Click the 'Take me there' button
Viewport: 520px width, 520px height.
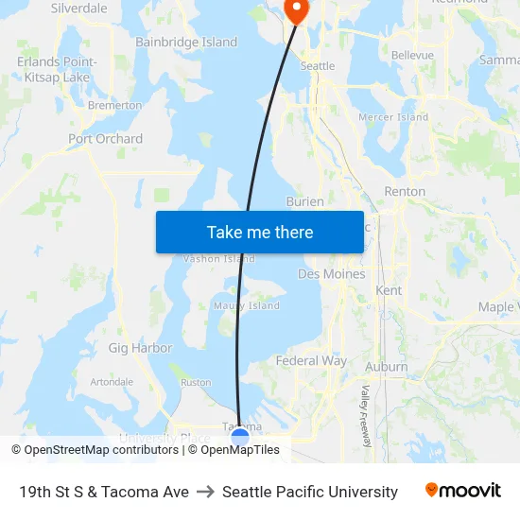coord(260,232)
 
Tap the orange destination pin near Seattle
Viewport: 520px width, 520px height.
coord(297,9)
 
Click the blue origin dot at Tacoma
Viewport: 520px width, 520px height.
coord(240,437)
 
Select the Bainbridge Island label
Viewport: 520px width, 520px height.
coord(186,43)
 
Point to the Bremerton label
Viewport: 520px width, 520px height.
coord(114,106)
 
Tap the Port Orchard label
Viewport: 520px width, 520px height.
coord(105,139)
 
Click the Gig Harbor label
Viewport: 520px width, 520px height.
coord(140,348)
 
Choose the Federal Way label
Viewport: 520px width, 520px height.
coord(311,361)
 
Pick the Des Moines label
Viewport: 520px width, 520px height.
coord(331,274)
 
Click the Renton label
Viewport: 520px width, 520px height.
coord(405,191)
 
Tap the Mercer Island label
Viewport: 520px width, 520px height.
coord(393,117)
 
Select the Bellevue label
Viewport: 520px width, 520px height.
coord(412,56)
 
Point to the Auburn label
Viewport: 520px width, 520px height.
coord(387,367)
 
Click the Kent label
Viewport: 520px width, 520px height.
coord(389,290)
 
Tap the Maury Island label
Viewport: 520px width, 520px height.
coord(247,306)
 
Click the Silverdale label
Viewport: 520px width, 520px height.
coord(78,8)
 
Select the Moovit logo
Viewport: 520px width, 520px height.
coord(462,491)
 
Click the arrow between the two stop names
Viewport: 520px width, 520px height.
coord(205,492)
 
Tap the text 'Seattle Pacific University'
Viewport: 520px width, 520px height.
coord(310,492)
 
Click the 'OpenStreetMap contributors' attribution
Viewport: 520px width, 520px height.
coord(101,450)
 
